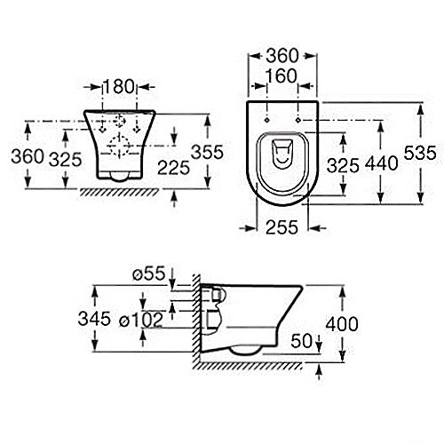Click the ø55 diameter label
pyautogui.click(x=155, y=274)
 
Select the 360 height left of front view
pyautogui.click(x=28, y=156)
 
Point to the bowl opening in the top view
pyautogui.click(x=283, y=156)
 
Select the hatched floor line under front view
pyautogui.click(x=115, y=191)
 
